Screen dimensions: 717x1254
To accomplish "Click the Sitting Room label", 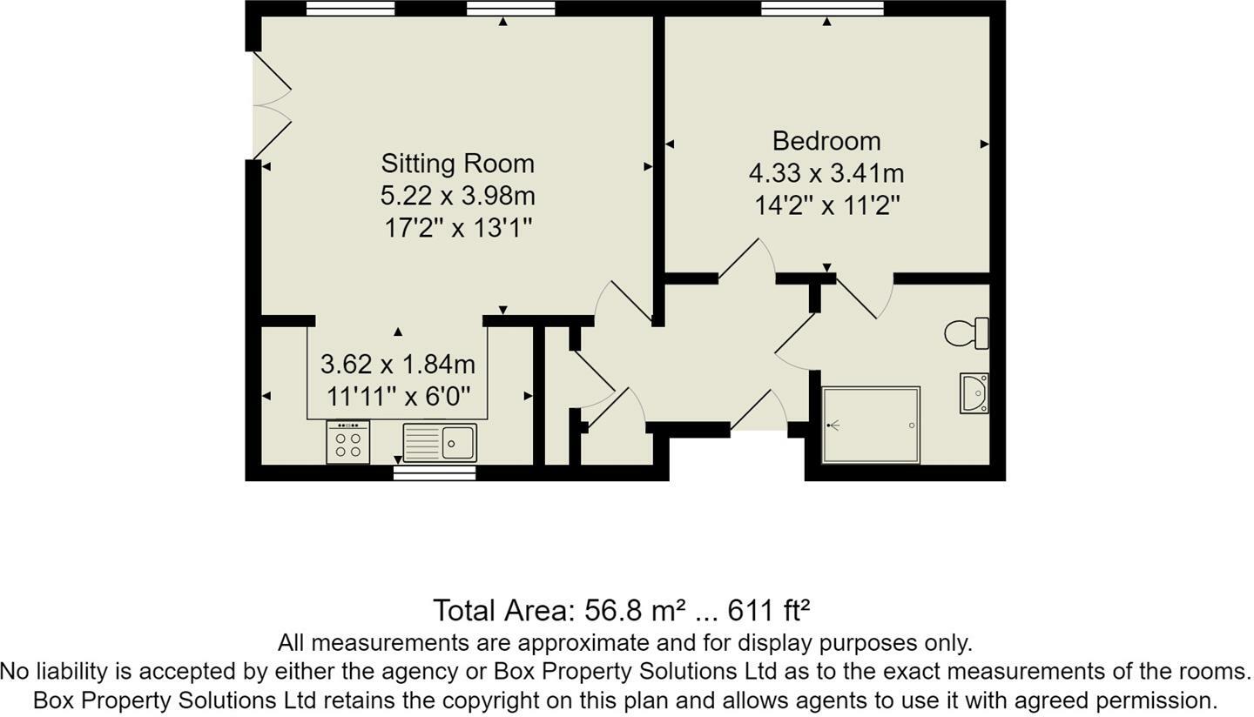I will coord(457,164).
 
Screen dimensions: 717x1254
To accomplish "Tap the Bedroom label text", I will coord(826,141).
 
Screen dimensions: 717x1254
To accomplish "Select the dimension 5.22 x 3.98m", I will coord(457,196).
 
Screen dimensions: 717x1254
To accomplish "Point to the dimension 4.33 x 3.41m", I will coord(826,173).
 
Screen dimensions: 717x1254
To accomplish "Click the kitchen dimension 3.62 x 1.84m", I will coord(398,364).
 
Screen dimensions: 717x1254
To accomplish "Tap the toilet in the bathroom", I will coord(967,333).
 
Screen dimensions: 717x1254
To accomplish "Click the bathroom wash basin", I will coord(974,393).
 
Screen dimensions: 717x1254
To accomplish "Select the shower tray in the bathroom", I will coord(871,425).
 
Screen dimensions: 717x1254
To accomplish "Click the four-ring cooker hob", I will coord(347,442).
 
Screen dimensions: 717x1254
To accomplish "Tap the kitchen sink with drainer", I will coord(440,442).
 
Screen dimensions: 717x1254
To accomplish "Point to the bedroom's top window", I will coord(822,9).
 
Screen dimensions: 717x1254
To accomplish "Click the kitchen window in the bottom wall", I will coord(435,472).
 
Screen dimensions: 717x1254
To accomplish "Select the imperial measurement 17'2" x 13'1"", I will coord(457,228).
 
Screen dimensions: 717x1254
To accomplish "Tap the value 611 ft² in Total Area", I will coord(769,611).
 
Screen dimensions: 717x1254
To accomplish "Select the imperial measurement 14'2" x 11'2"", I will coord(826,206).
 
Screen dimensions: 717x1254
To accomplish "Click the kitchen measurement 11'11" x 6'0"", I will coord(398,397).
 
